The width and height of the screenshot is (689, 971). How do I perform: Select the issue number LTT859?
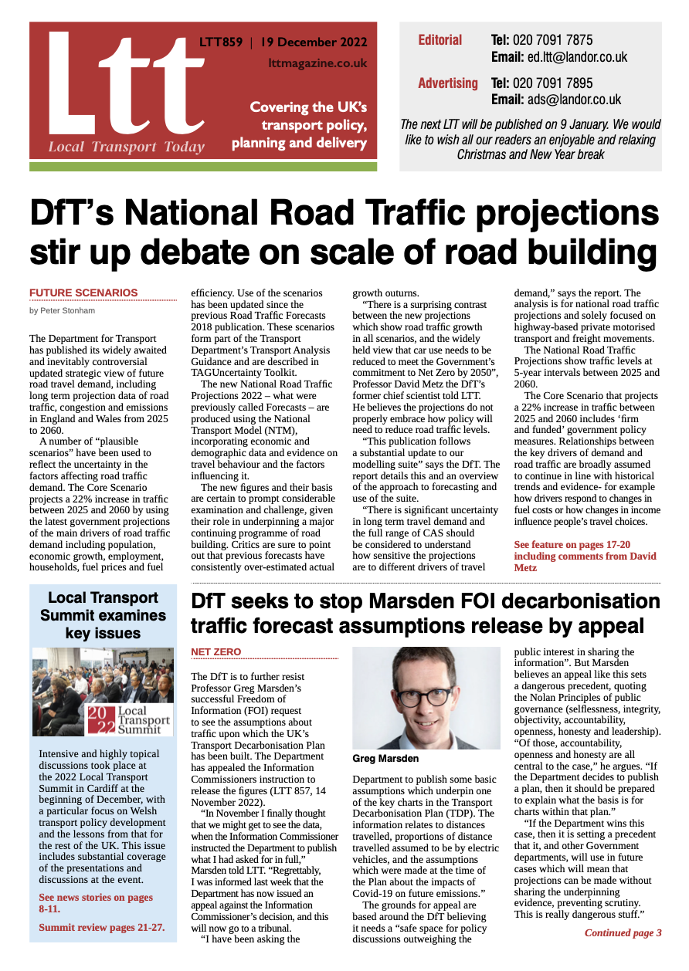(x=220, y=42)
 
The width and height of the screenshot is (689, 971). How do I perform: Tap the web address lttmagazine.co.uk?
(x=317, y=63)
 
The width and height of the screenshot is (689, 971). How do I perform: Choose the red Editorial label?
(x=440, y=40)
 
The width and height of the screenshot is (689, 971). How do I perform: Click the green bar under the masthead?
(x=203, y=166)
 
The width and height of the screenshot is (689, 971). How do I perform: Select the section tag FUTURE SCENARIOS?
(x=83, y=293)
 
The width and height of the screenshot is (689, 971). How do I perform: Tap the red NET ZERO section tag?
(x=216, y=652)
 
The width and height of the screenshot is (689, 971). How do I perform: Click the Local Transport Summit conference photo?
(x=103, y=692)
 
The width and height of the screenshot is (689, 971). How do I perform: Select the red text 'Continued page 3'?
(x=623, y=933)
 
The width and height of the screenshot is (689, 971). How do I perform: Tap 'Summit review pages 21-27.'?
(x=101, y=927)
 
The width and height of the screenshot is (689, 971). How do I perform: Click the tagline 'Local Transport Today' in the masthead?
(x=126, y=147)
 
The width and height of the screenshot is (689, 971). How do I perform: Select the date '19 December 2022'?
(x=313, y=42)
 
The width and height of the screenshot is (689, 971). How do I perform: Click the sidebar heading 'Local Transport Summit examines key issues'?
(x=103, y=615)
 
